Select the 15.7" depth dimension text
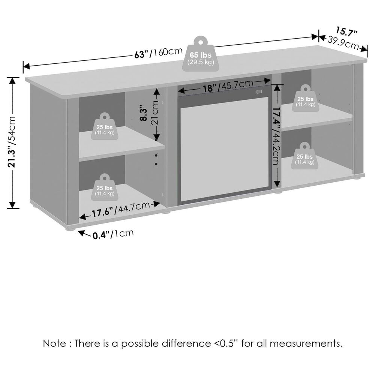[346, 31]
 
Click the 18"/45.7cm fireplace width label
[228, 86]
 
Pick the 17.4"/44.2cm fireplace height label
[276, 135]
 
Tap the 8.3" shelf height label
[144, 112]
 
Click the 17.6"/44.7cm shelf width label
[121, 209]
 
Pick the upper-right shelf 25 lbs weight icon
[305, 98]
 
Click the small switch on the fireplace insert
[259, 91]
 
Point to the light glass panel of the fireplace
[224, 149]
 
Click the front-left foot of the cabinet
[70, 228]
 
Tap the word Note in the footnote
[54, 343]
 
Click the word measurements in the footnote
[306, 343]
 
